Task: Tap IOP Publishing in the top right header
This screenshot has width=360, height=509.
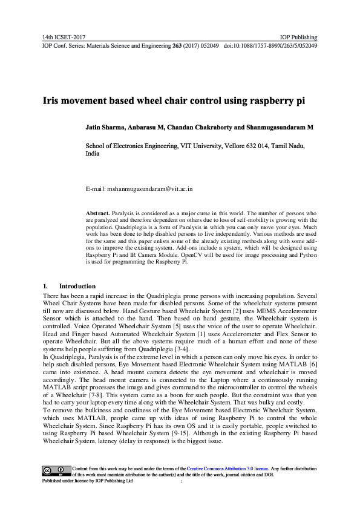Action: pos(299,37)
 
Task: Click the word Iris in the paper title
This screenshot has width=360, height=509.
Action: pos(50,102)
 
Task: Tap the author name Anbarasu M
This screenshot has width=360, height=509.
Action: pos(147,128)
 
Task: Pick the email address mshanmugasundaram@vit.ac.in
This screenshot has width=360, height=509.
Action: pos(150,189)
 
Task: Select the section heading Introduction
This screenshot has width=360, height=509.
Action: pos(77,285)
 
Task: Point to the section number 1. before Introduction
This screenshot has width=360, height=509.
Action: pos(45,285)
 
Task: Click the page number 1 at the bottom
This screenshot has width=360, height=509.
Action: pos(181,482)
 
